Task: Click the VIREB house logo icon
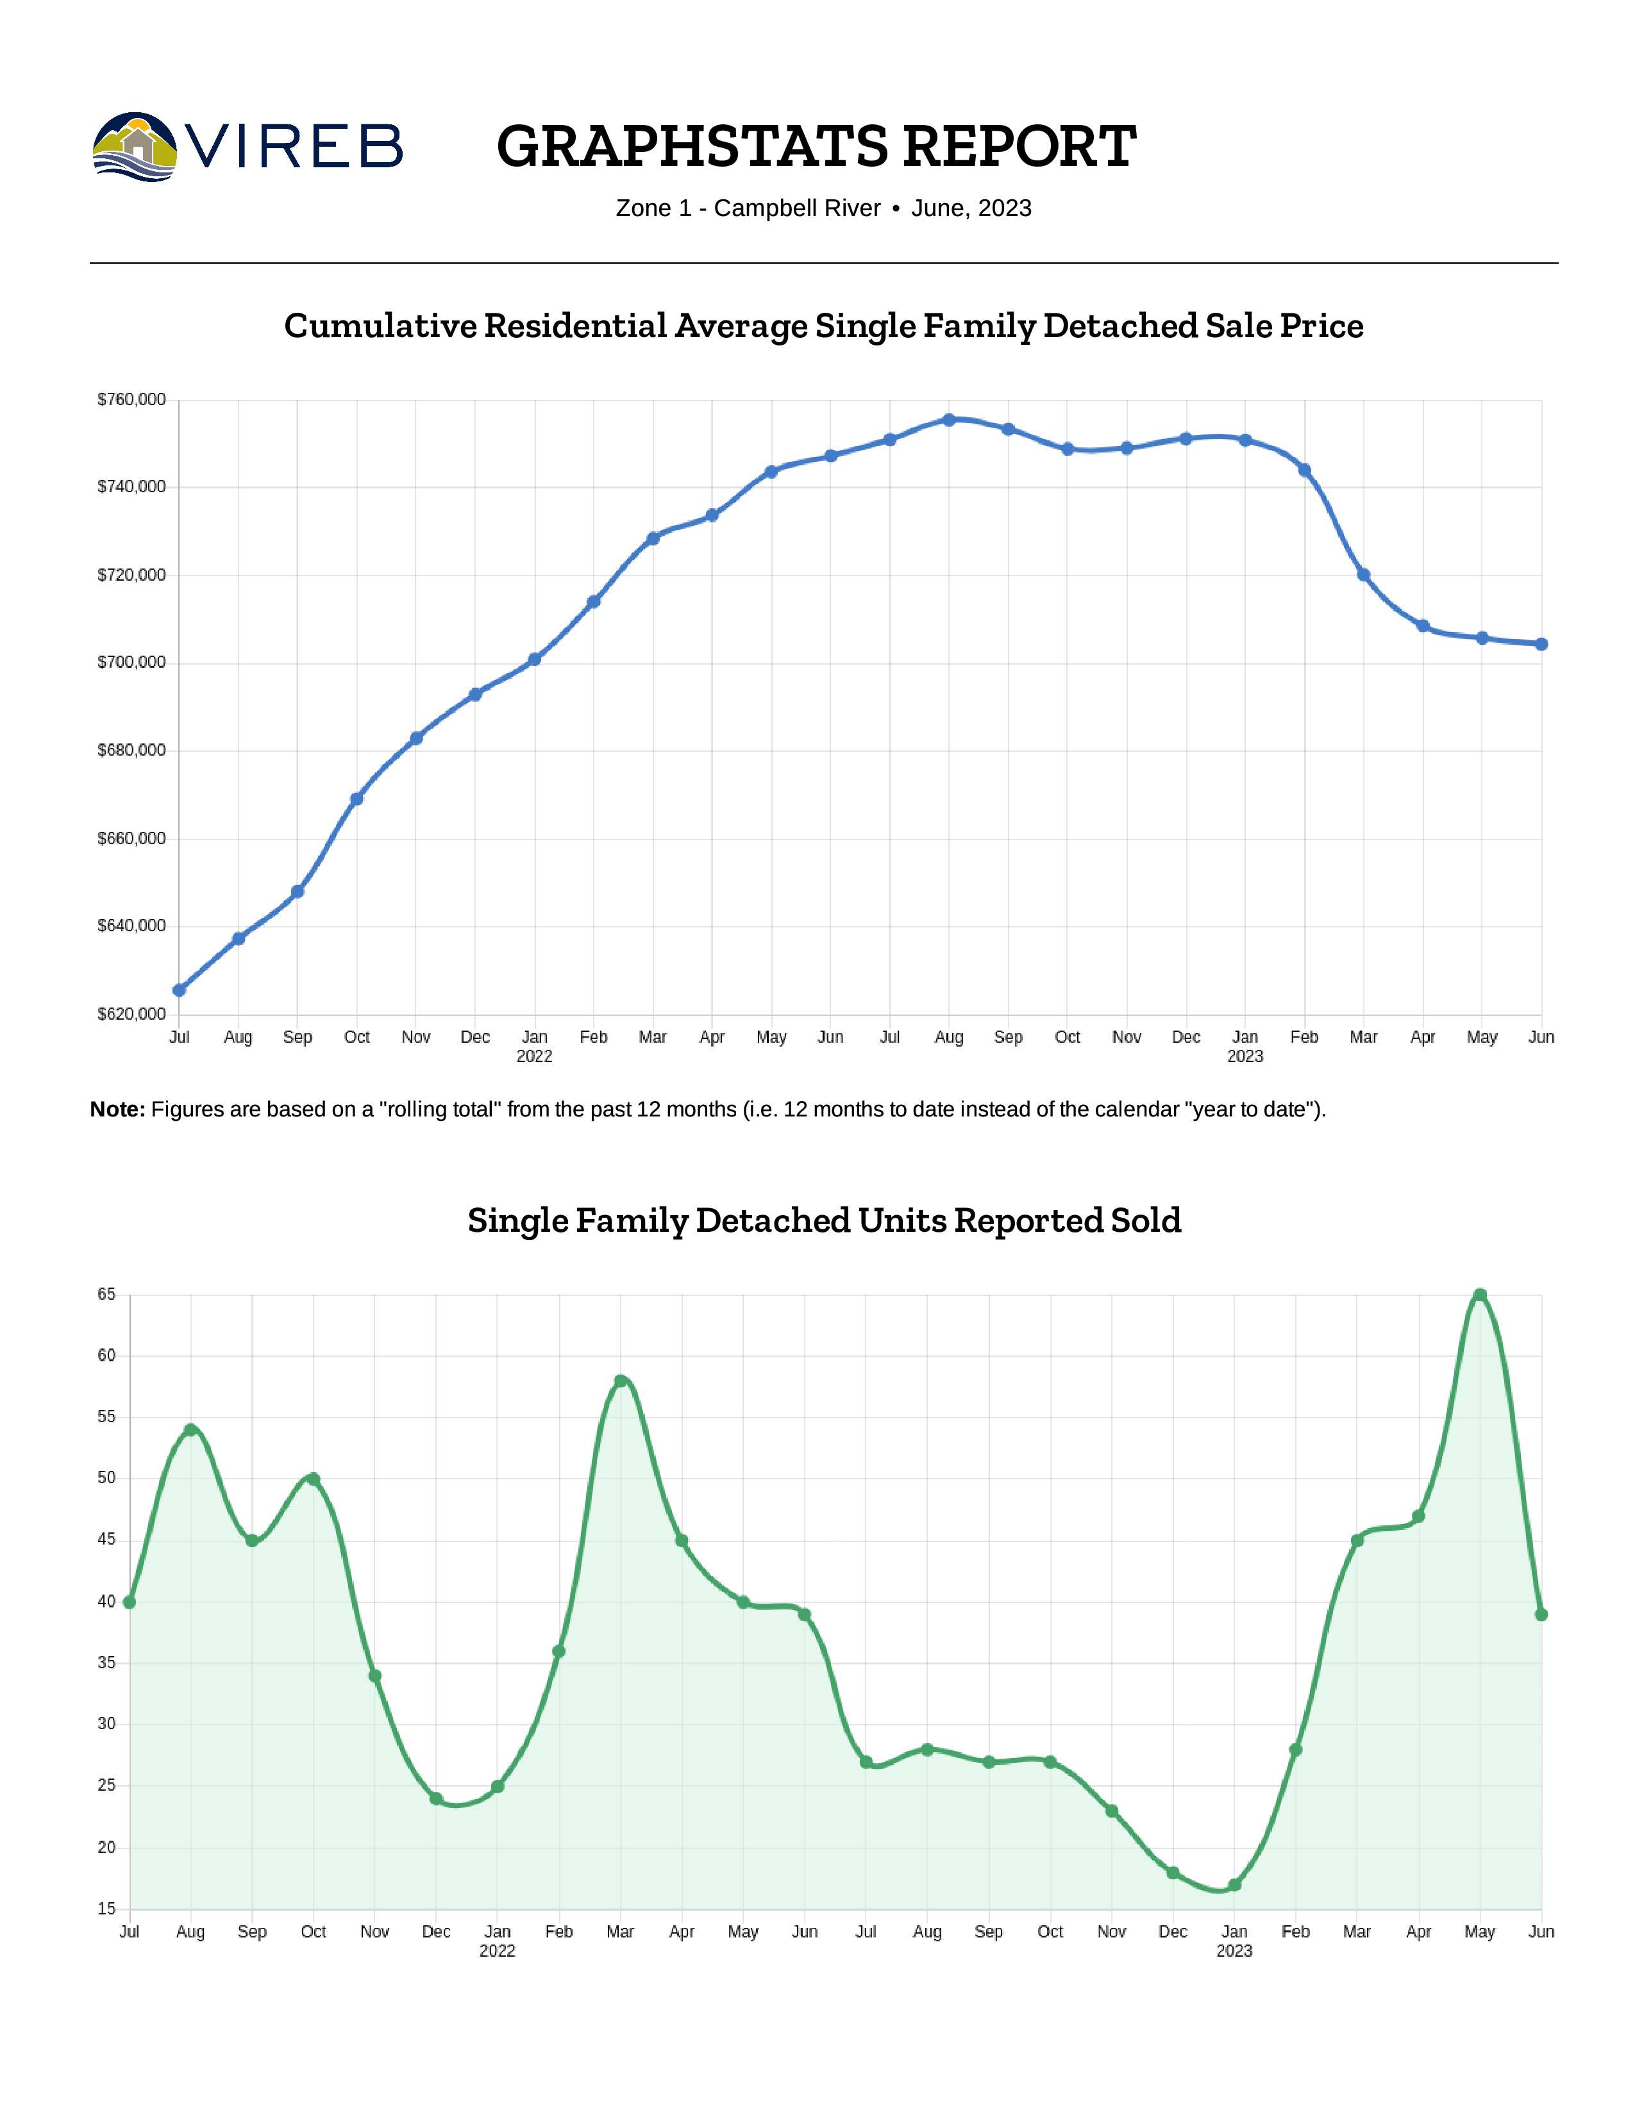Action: point(135,147)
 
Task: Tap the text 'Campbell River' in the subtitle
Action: point(796,208)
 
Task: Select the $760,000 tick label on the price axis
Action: point(131,399)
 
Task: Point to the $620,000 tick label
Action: point(131,1014)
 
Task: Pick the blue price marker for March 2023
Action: point(1364,574)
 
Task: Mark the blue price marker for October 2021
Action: point(356,799)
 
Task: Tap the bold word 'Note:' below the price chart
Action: point(117,1110)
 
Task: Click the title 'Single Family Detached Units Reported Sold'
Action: point(825,1220)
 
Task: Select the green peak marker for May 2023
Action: point(1480,1295)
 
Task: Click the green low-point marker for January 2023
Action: point(1234,1884)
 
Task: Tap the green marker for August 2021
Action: point(191,1429)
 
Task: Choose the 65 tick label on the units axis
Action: point(106,1295)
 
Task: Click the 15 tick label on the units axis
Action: point(106,1909)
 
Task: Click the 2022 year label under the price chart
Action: point(535,1056)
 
